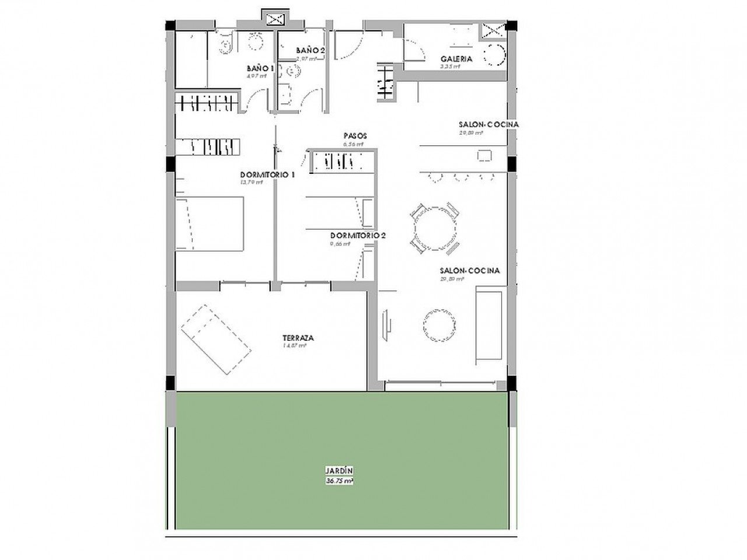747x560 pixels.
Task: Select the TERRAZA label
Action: click(298, 338)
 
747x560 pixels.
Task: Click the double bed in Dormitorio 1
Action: click(210, 224)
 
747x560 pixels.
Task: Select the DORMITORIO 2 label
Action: click(358, 236)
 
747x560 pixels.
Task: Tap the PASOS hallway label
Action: click(354, 136)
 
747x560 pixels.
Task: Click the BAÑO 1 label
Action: click(260, 68)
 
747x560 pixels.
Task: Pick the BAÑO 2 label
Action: click(310, 51)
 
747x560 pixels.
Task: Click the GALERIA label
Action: click(456, 59)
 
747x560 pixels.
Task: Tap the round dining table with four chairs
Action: click(434, 228)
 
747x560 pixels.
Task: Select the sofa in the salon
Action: click(489, 324)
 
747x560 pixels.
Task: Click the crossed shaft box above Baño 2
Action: click(274, 19)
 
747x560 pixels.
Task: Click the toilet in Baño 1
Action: click(226, 45)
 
